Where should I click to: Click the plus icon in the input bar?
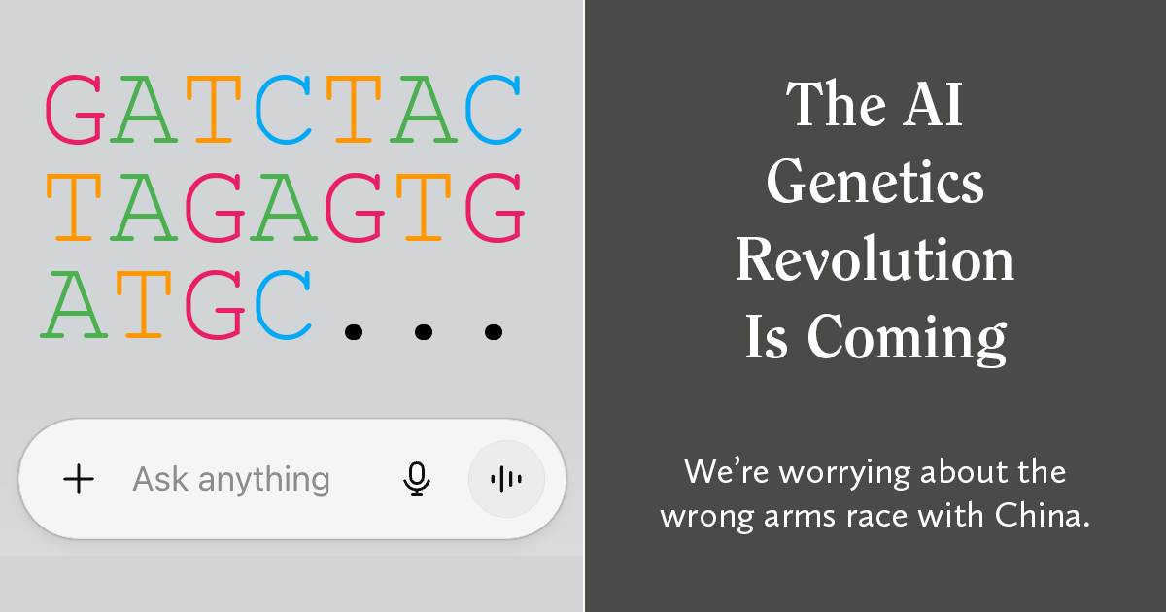pos(79,479)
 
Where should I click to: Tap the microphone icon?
pos(417,479)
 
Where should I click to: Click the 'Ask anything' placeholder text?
pos(231,480)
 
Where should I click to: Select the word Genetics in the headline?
pos(875,182)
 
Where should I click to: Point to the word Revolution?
pos(875,258)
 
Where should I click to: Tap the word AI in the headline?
pos(932,104)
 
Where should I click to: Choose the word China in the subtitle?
pos(1042,515)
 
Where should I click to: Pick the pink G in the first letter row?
pos(75,109)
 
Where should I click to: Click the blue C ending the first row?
pos(493,109)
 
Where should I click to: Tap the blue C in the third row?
pos(283,305)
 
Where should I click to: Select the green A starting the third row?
pos(74,305)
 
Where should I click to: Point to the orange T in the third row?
pos(144,305)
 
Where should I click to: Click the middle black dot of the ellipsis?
pos(424,332)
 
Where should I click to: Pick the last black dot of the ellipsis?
pos(494,332)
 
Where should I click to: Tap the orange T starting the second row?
pos(74,207)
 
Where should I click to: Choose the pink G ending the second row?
pos(495,207)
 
